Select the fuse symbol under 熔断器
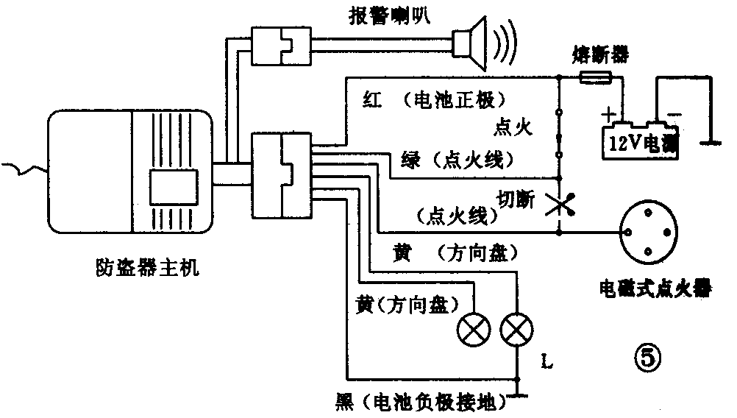(x=594, y=77)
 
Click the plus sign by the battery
(x=608, y=115)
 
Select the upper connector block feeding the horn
(x=277, y=46)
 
